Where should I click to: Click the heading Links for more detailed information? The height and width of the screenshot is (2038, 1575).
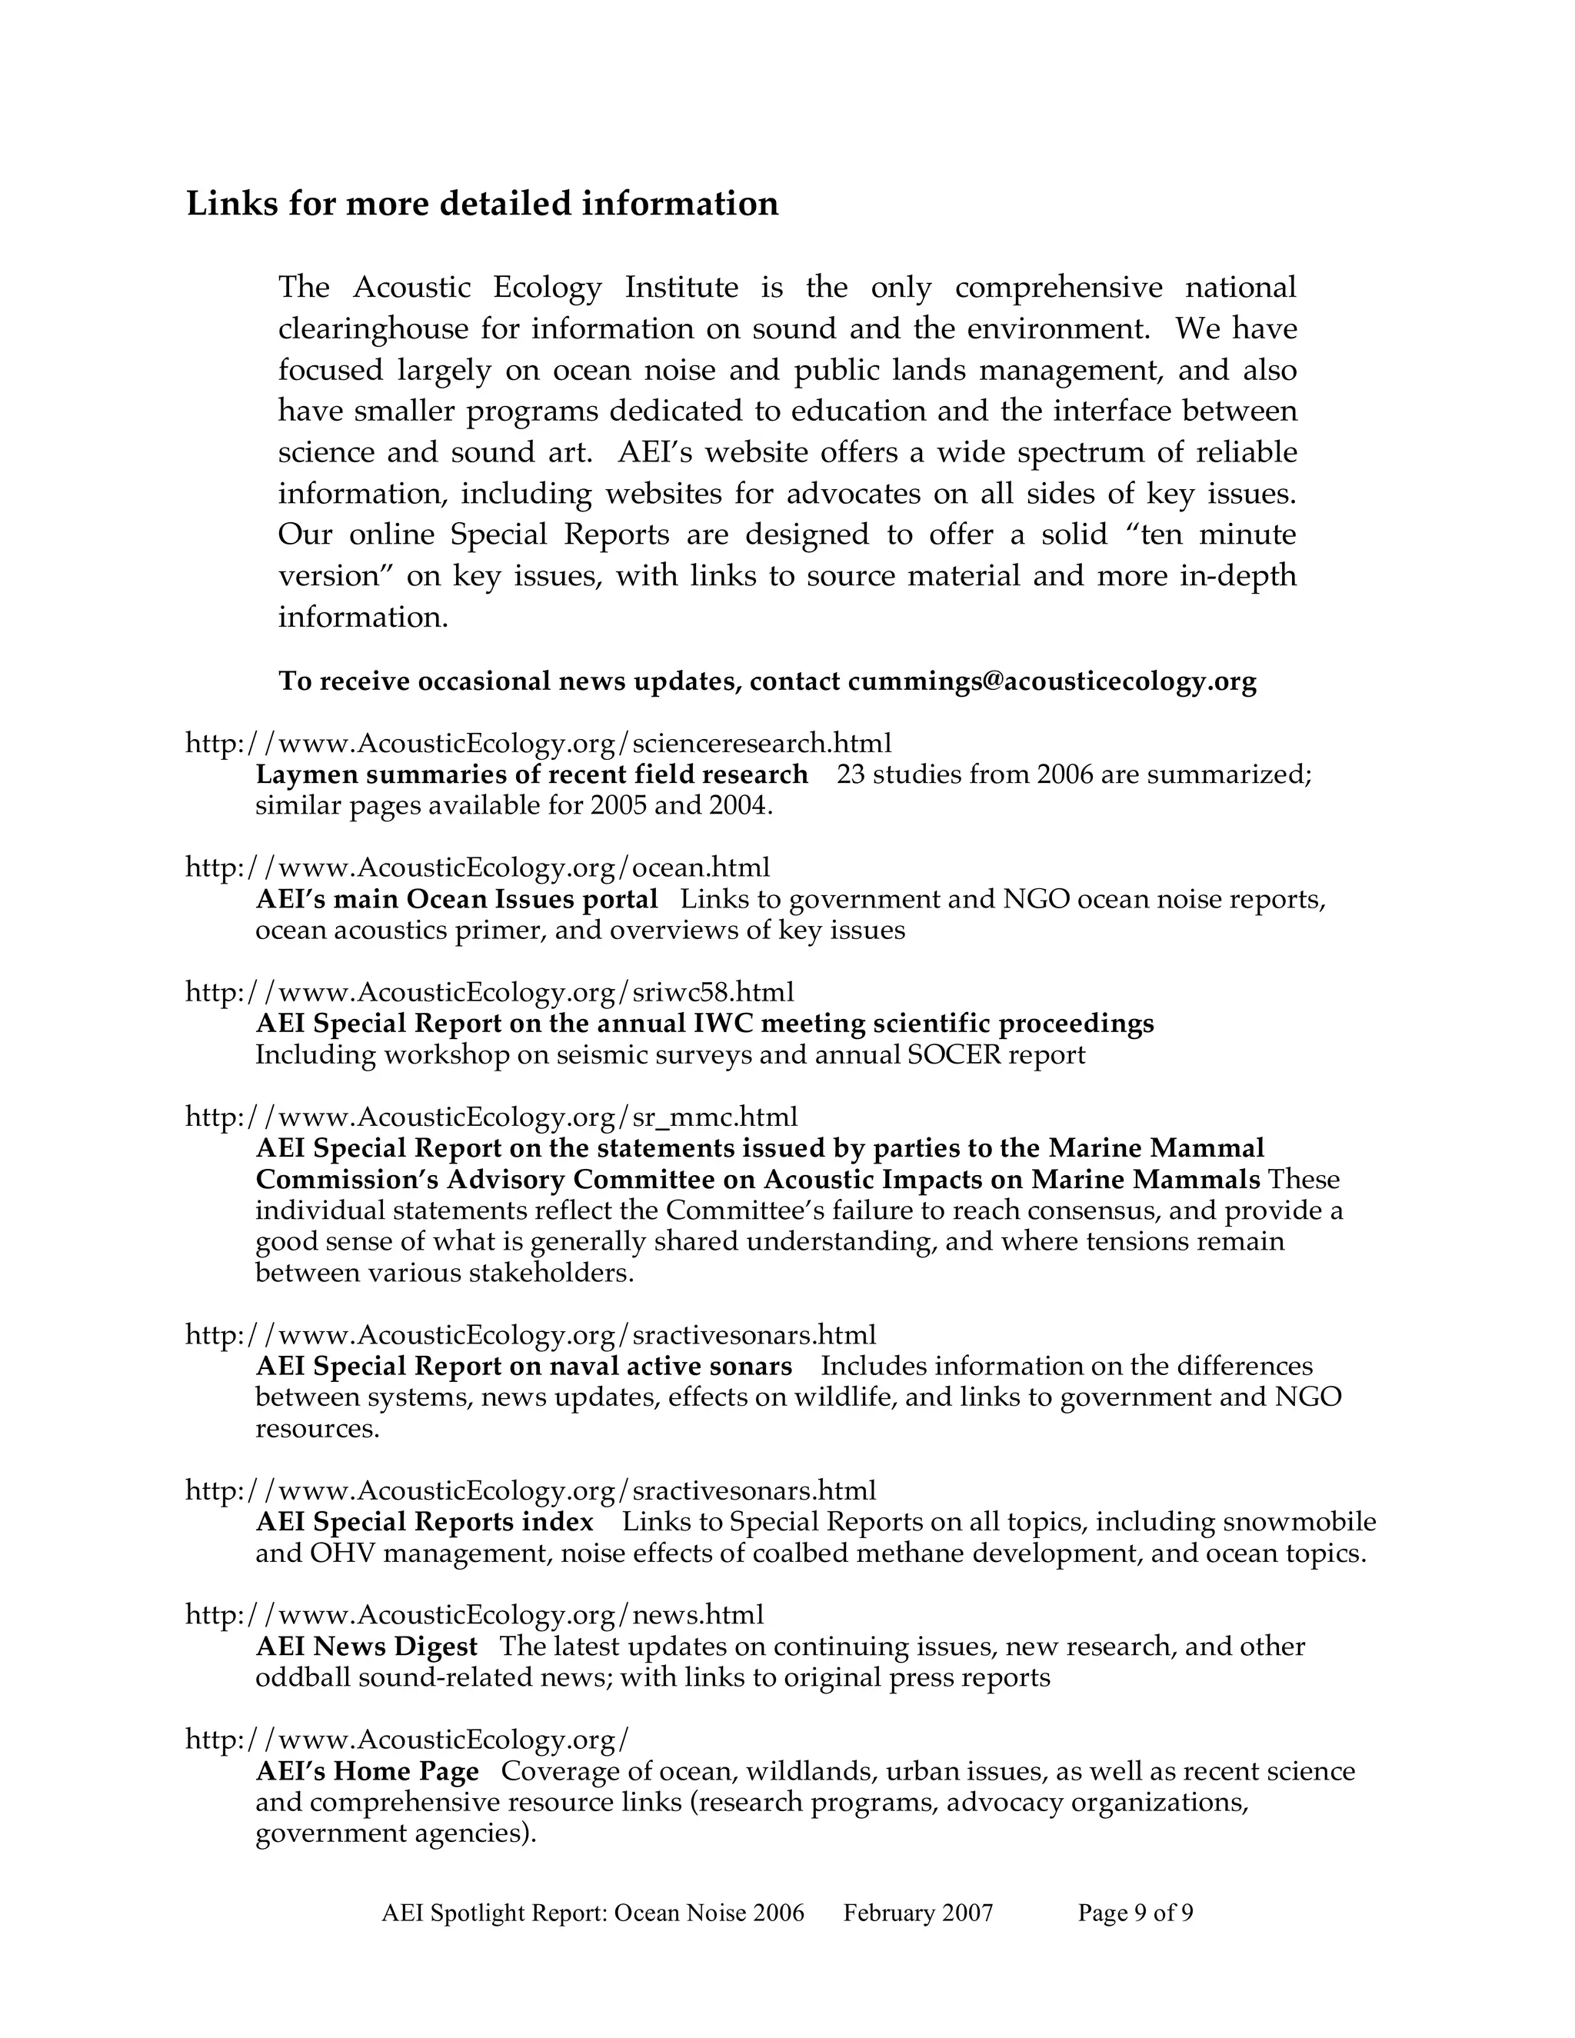coord(482,204)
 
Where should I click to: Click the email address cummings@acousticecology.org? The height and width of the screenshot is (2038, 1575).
coord(1051,682)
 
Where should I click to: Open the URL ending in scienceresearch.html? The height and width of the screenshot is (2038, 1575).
coord(538,744)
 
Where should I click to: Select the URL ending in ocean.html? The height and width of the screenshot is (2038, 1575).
coord(478,867)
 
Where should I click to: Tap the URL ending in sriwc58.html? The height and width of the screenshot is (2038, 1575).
coord(490,992)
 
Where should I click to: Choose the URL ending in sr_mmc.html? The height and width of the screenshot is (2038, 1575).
coord(491,1117)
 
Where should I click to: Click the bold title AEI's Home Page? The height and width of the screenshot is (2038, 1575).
coord(367,1771)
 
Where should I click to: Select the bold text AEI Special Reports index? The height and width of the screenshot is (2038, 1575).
coord(425,1522)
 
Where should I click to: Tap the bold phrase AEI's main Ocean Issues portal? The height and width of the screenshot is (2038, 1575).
coord(456,900)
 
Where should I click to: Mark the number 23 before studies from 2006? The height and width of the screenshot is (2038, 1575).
coord(850,774)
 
